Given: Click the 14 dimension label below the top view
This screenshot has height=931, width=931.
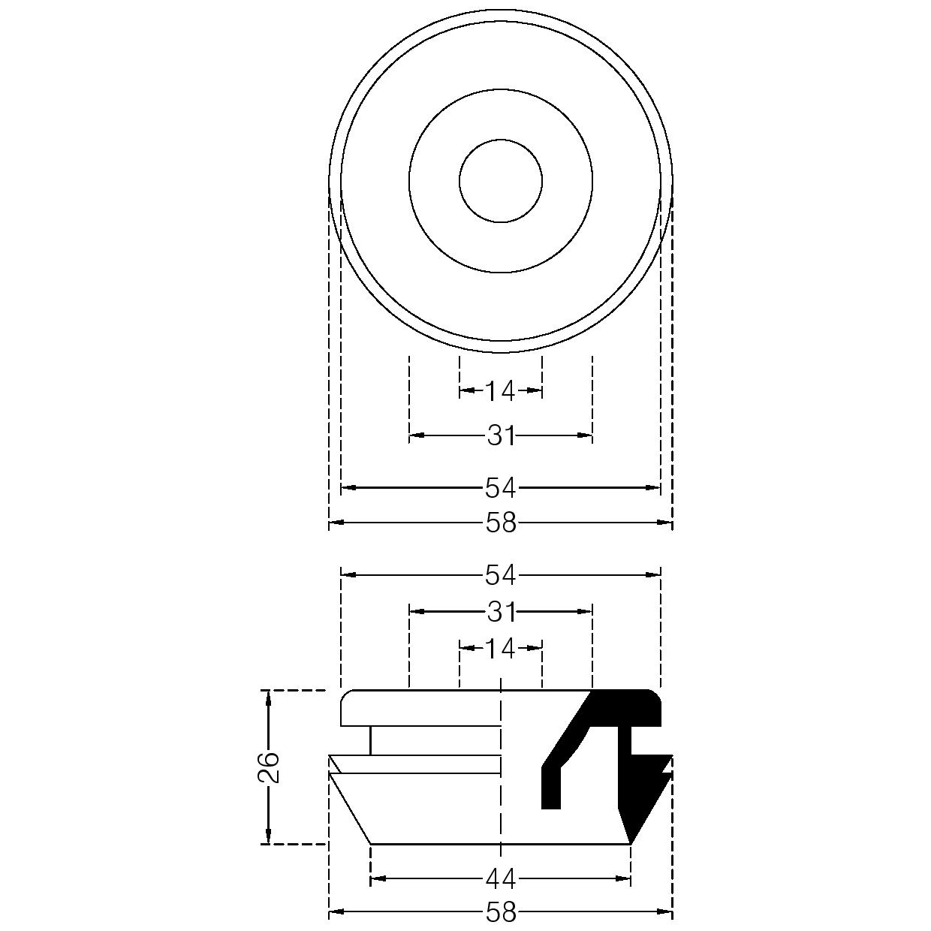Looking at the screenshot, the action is point(501,391).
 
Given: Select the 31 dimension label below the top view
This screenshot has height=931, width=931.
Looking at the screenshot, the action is point(501,435).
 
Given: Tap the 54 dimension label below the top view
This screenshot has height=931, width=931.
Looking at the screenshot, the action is point(501,489).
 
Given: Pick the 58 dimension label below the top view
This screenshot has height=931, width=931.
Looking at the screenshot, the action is point(501,523).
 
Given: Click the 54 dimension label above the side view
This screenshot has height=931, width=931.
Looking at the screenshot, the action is point(501,575).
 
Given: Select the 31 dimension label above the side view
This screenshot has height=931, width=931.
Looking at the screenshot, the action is point(501,612).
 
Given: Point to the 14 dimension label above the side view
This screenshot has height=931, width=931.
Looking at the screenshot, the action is point(501,649).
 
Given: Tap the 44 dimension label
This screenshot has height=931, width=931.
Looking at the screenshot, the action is point(501,878).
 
